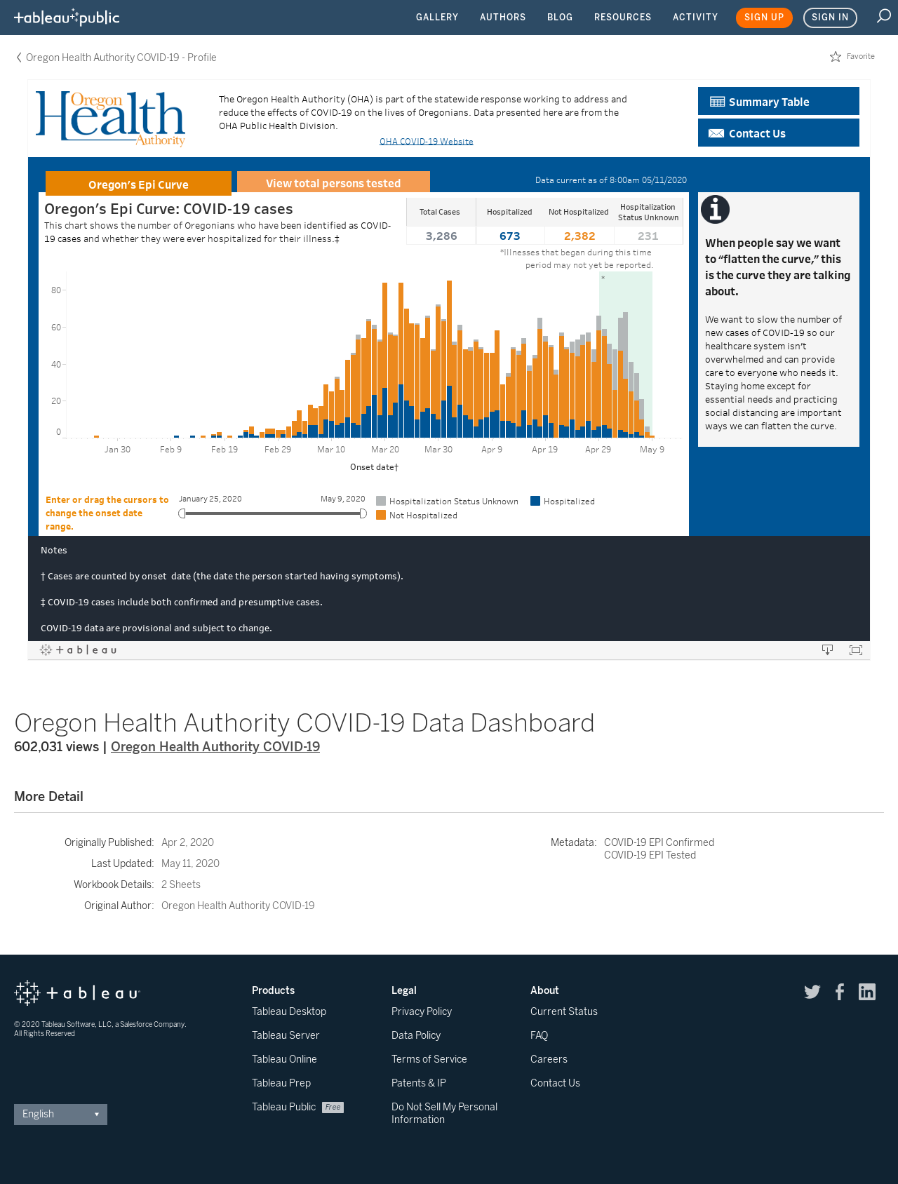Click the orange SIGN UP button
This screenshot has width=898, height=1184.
[764, 18]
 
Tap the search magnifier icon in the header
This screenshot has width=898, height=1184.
[884, 16]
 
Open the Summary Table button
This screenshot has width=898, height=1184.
[779, 101]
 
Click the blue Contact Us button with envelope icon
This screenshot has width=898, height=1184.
[779, 133]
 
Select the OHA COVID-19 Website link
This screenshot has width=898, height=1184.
[427, 142]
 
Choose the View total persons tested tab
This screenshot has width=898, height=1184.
[333, 182]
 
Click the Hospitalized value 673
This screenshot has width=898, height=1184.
[510, 236]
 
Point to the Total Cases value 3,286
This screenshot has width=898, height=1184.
[441, 236]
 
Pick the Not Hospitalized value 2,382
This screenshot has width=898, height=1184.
[579, 236]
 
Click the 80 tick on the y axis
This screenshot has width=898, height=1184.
[56, 290]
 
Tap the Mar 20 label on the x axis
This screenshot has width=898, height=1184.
[385, 450]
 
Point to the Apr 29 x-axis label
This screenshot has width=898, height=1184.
[598, 450]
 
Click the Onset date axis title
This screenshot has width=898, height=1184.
[375, 467]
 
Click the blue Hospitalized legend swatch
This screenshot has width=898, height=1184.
[535, 501]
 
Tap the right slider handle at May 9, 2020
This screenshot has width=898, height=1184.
[363, 513]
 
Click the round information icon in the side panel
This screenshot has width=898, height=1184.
[716, 210]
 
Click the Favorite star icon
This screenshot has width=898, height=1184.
[836, 57]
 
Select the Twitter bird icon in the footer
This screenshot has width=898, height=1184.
[812, 992]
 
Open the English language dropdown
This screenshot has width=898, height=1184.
[60, 1115]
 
